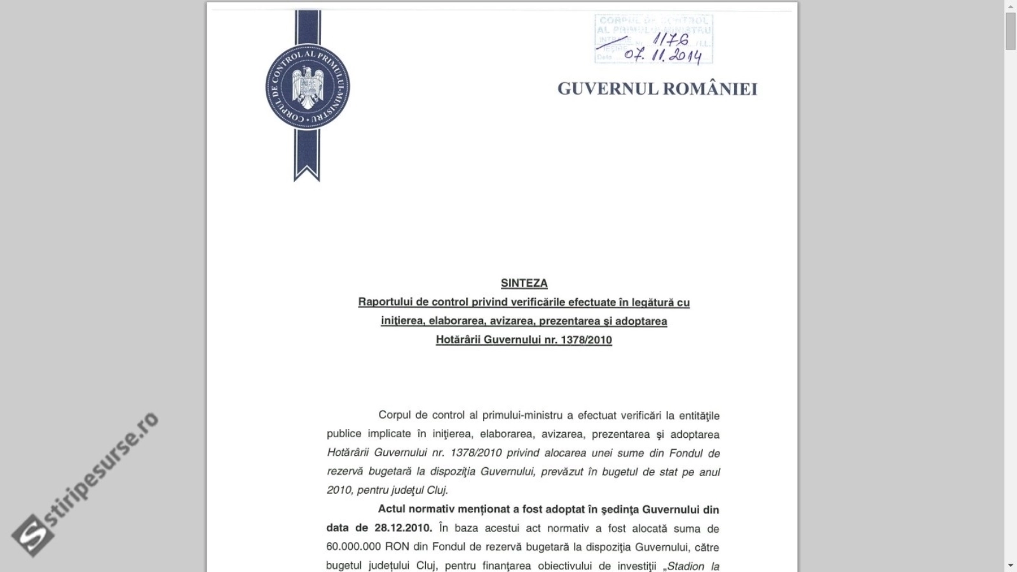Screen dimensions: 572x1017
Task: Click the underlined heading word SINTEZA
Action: [x=524, y=283]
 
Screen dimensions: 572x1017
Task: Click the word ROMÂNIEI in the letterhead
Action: [x=711, y=89]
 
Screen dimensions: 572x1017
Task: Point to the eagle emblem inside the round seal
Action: [x=308, y=87]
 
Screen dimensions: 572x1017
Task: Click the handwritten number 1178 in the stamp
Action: [x=671, y=40]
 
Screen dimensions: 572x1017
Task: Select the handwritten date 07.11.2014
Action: [x=662, y=55]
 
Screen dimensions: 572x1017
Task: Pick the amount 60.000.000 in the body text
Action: [x=354, y=547]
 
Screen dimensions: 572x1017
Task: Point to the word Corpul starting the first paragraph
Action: [x=395, y=416]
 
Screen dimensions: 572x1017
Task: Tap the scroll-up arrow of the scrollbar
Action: [x=1010, y=6]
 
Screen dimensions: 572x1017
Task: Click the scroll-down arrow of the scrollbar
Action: [x=1010, y=566]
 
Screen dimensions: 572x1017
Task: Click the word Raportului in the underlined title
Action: [x=385, y=303]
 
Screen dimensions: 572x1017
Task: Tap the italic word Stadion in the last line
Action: [x=686, y=566]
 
